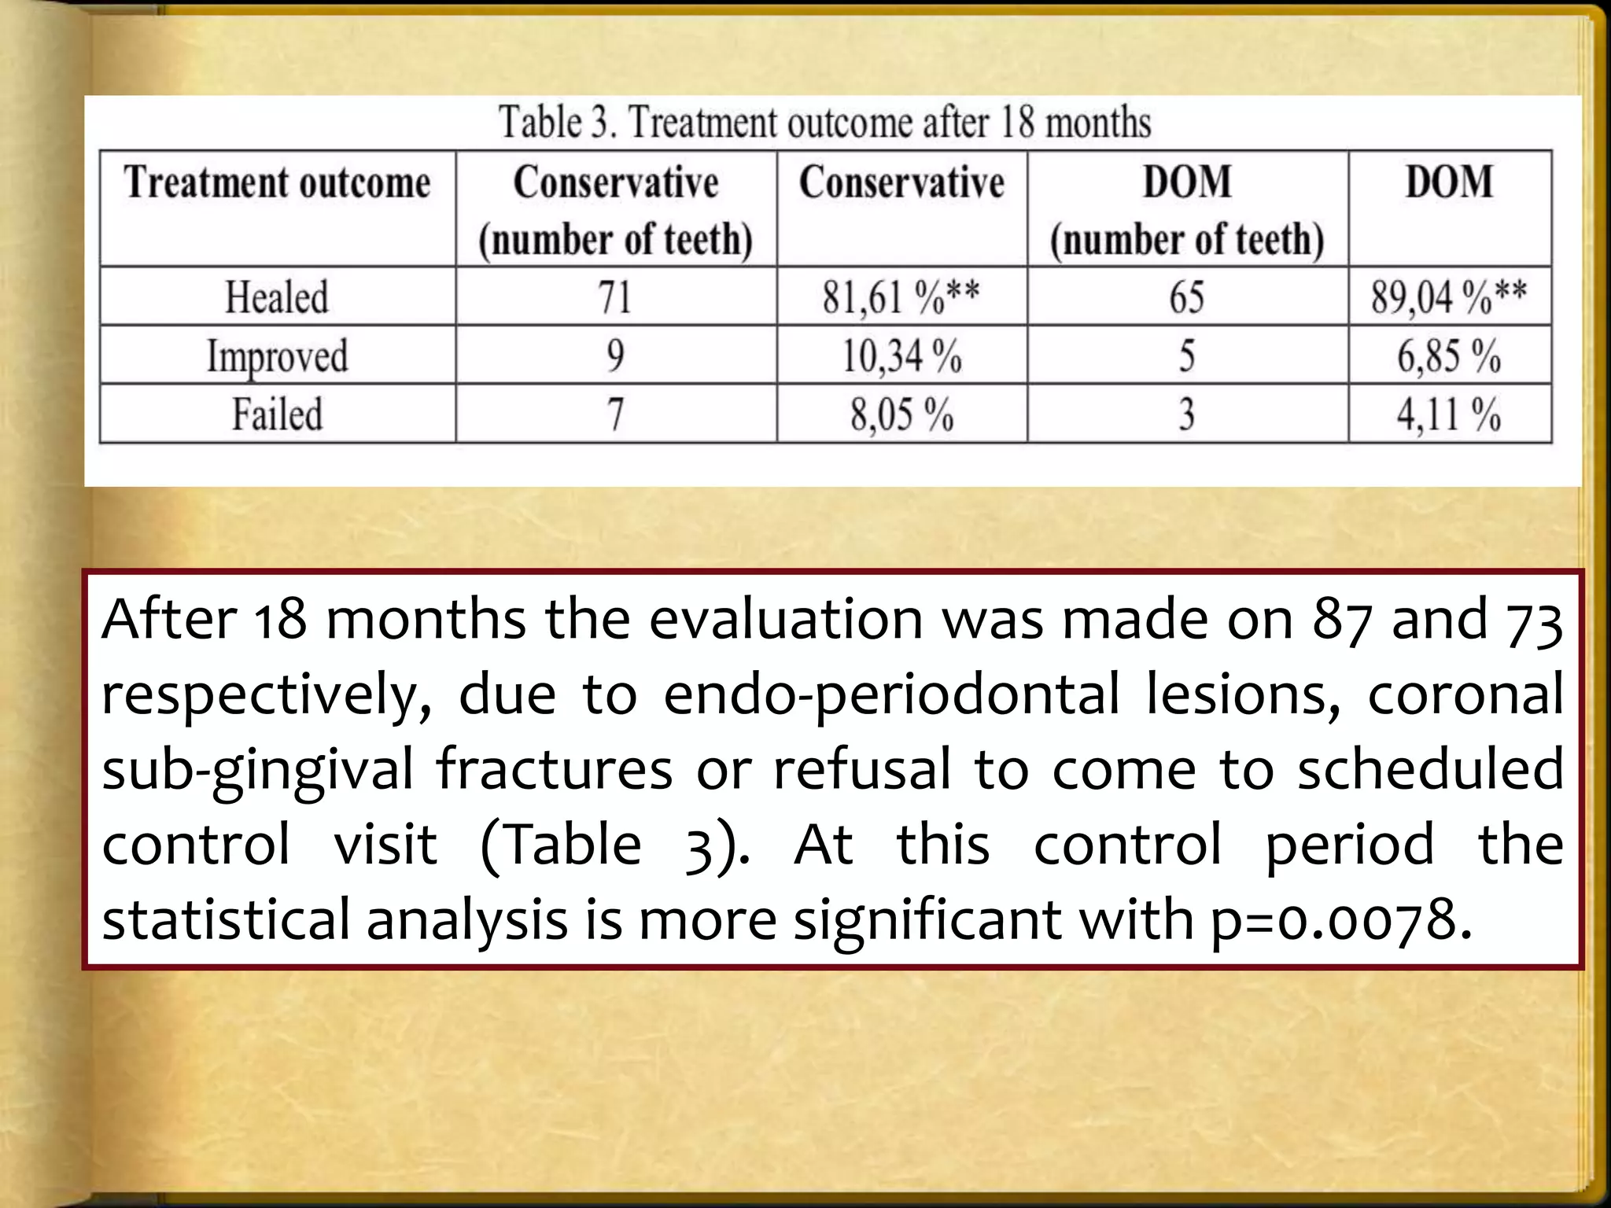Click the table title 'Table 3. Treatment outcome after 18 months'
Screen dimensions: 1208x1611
click(824, 123)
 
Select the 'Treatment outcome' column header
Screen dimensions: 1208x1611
click(277, 183)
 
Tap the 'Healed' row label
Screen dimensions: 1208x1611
click(277, 297)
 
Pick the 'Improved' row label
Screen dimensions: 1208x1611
click(277, 356)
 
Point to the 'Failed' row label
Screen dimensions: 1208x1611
click(277, 414)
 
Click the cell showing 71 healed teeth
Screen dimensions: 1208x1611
click(615, 297)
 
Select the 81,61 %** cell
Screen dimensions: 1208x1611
click(901, 297)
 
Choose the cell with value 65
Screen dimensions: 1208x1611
click(1186, 297)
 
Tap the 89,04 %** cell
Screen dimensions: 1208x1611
click(1449, 297)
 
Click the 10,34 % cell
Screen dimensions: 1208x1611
click(901, 356)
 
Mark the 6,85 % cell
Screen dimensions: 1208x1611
click(1449, 356)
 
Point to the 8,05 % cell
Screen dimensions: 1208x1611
click(901, 414)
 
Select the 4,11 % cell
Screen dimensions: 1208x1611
click(1449, 414)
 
